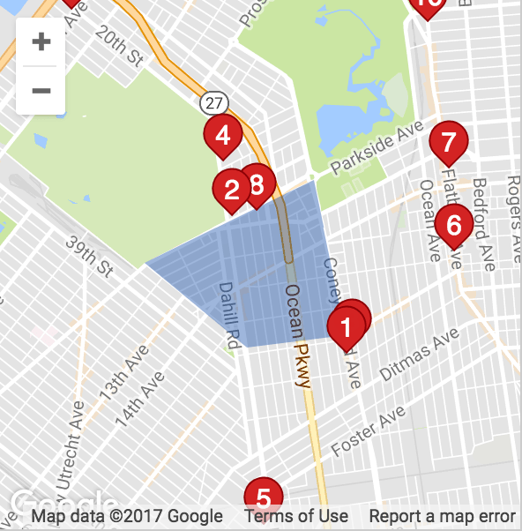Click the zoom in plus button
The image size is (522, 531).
pos(41,41)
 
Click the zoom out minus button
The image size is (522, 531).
pos(41,90)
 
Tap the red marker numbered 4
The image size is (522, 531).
pos(223,136)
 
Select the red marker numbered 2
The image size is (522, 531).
pos(233,188)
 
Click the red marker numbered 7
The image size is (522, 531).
pos(448,141)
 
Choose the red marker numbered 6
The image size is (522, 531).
pos(454,225)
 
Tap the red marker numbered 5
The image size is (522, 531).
pos(263,495)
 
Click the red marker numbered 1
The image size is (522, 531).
pos(346,328)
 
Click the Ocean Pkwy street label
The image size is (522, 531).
pos(298,336)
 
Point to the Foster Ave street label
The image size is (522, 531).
pos(369,431)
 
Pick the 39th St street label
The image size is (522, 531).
pos(90,255)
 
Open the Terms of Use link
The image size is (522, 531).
pos(296,516)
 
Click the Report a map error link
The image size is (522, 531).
pos(442,516)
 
